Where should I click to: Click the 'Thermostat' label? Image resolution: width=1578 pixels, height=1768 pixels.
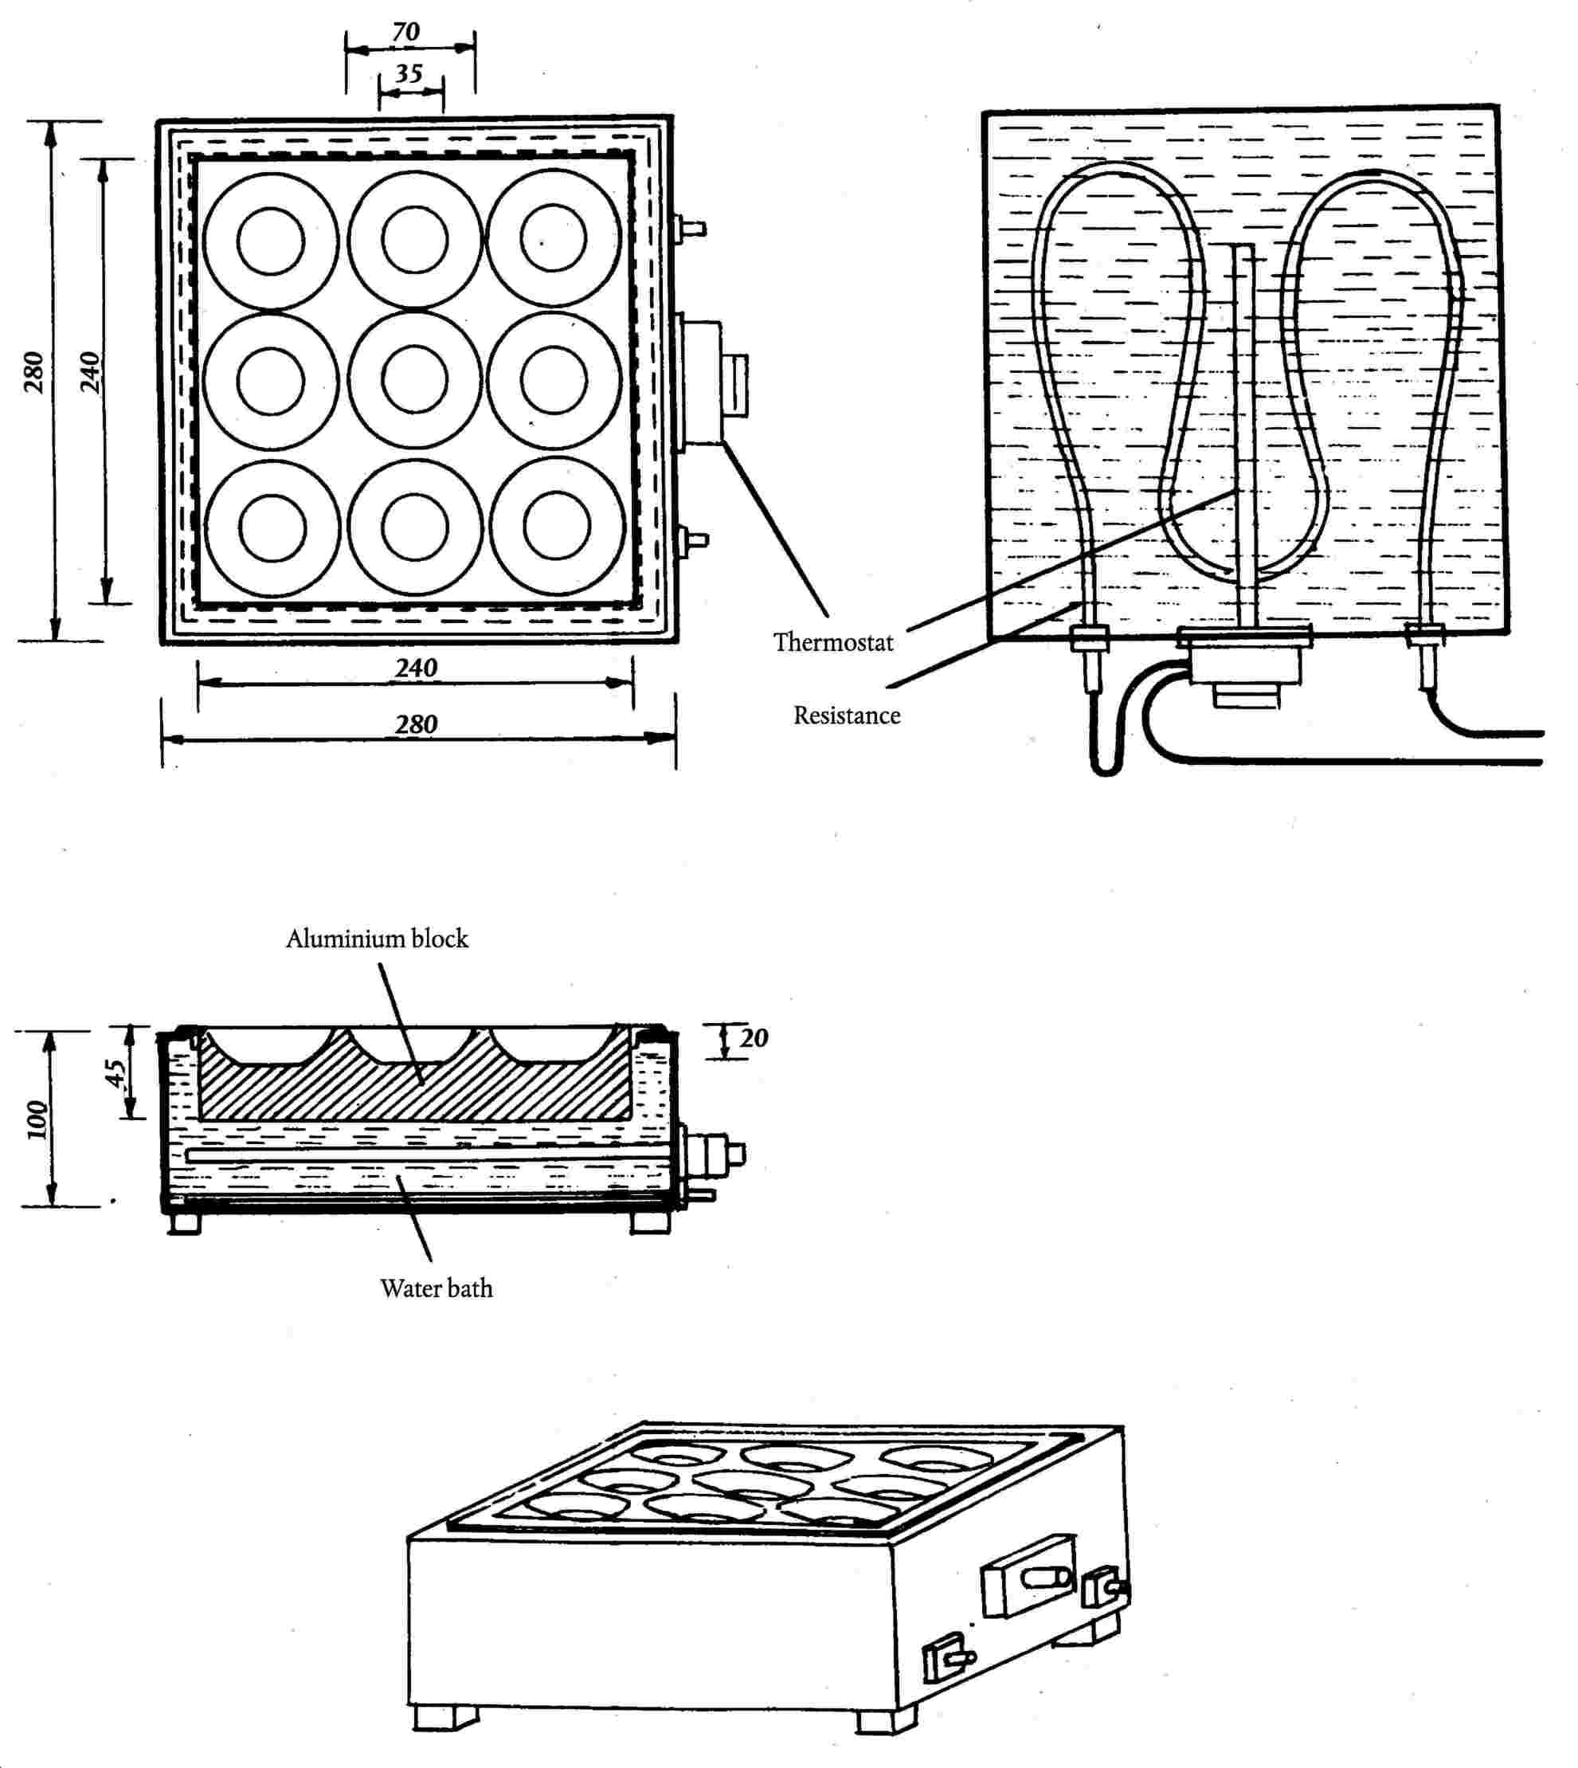(833, 642)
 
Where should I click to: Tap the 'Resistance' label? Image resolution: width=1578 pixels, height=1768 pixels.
(847, 715)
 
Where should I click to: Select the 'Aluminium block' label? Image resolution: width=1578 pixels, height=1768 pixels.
(377, 939)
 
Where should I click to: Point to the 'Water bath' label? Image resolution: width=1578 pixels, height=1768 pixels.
(436, 1288)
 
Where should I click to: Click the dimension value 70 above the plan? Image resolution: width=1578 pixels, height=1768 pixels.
(405, 32)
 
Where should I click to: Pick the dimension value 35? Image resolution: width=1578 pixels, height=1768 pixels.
(409, 74)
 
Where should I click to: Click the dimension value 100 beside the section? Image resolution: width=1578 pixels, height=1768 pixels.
(37, 1120)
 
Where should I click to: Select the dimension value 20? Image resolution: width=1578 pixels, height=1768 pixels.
(754, 1038)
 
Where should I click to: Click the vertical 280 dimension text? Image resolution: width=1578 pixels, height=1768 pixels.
(33, 372)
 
